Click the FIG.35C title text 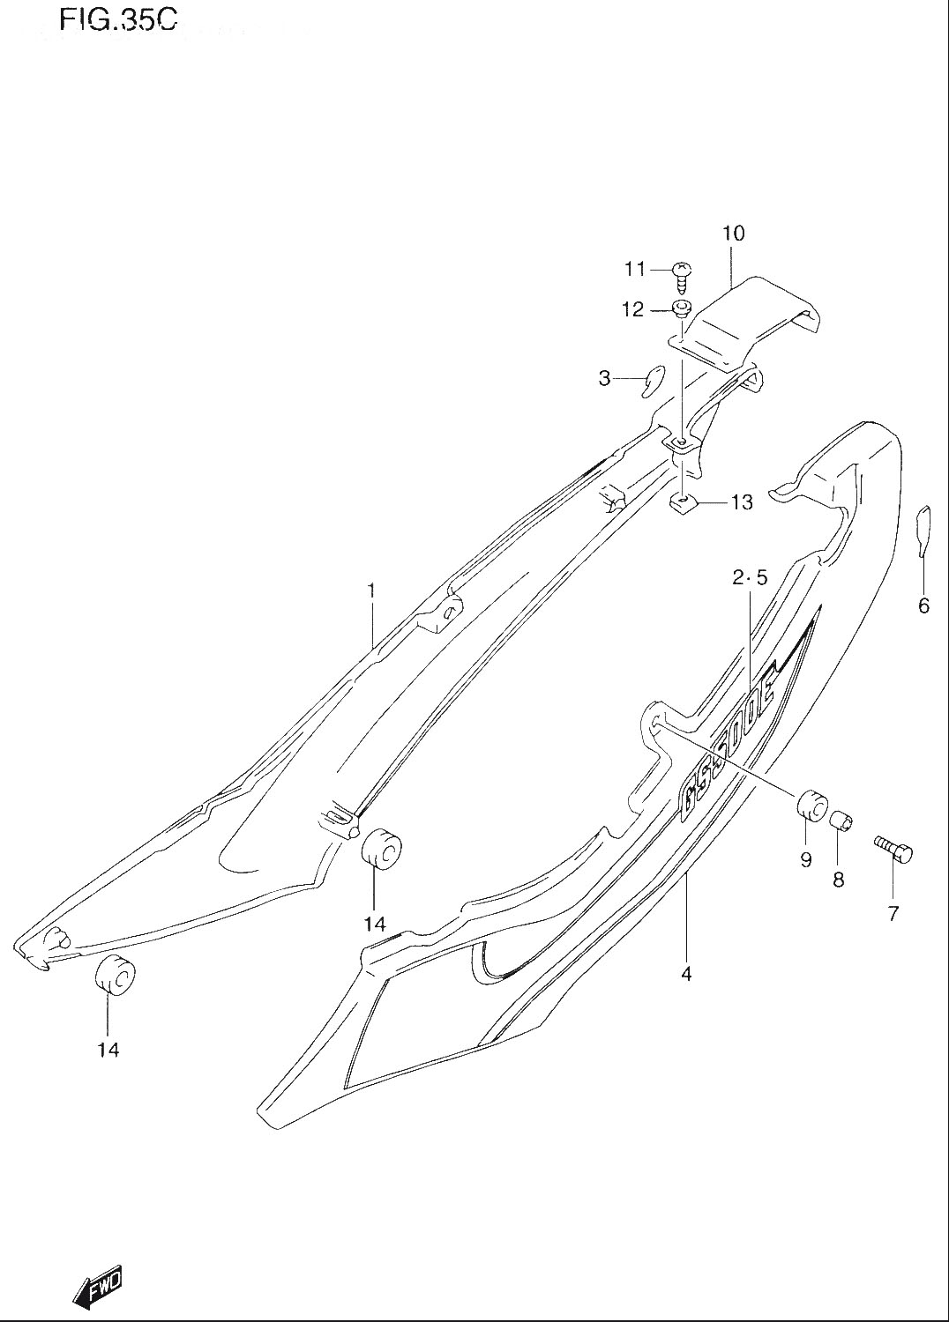click(x=117, y=22)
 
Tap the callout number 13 click(x=742, y=502)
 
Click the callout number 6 click(x=924, y=605)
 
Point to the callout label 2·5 click(x=750, y=578)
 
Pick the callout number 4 click(x=685, y=975)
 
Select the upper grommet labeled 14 click(x=381, y=850)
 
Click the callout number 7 click(x=893, y=914)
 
